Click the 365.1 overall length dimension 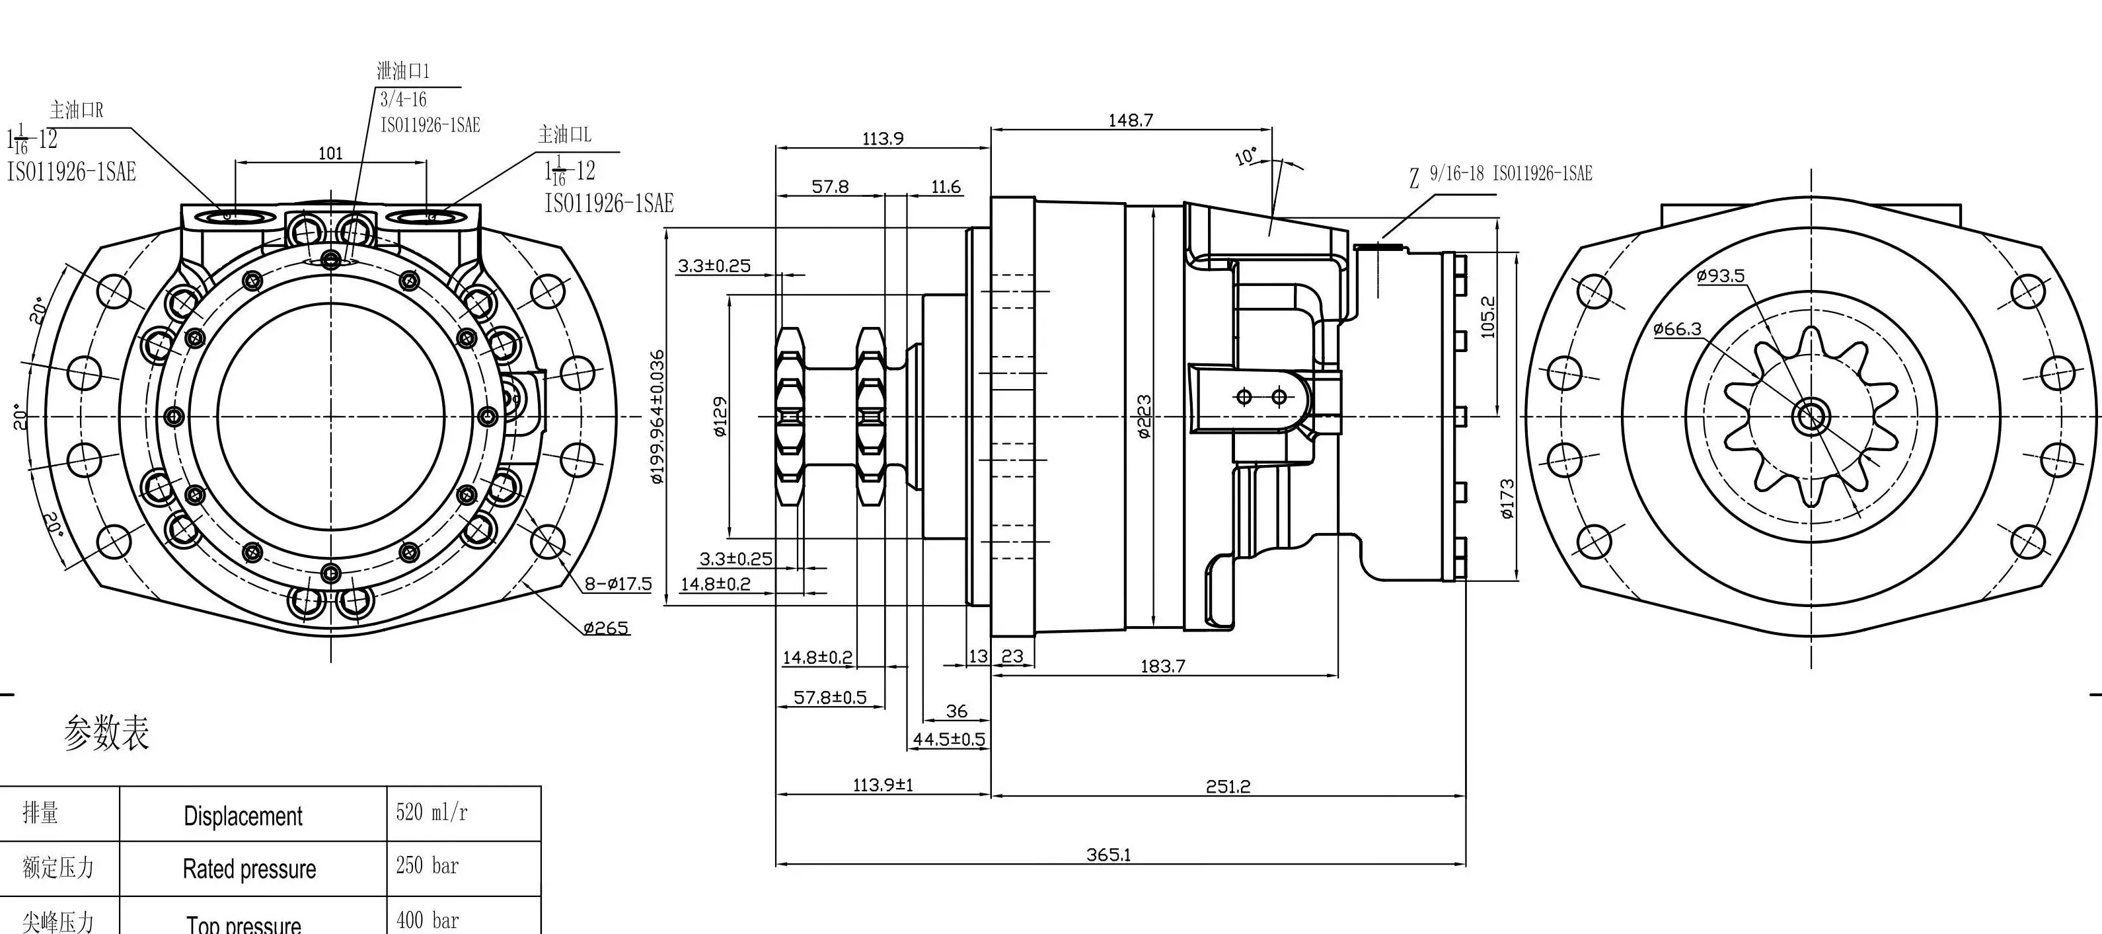pos(1107,855)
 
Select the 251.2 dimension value pos(1227,786)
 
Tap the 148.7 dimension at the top pos(1130,120)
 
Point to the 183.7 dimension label pos(1162,666)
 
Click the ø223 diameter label pos(1145,417)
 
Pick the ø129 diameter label pos(720,417)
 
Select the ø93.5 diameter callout pos(1720,275)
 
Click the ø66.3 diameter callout pos(1677,329)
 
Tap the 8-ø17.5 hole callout pos(618,584)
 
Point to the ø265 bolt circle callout pos(607,628)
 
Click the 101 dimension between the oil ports pos(330,153)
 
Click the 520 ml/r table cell pos(432,812)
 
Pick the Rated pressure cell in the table pos(249,869)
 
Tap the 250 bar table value pos(428,865)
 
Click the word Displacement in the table pos(243,816)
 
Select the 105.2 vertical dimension pos(1487,316)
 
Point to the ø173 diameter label pos(1507,499)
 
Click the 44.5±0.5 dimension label pos(948,740)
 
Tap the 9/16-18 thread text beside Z pos(1456,173)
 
